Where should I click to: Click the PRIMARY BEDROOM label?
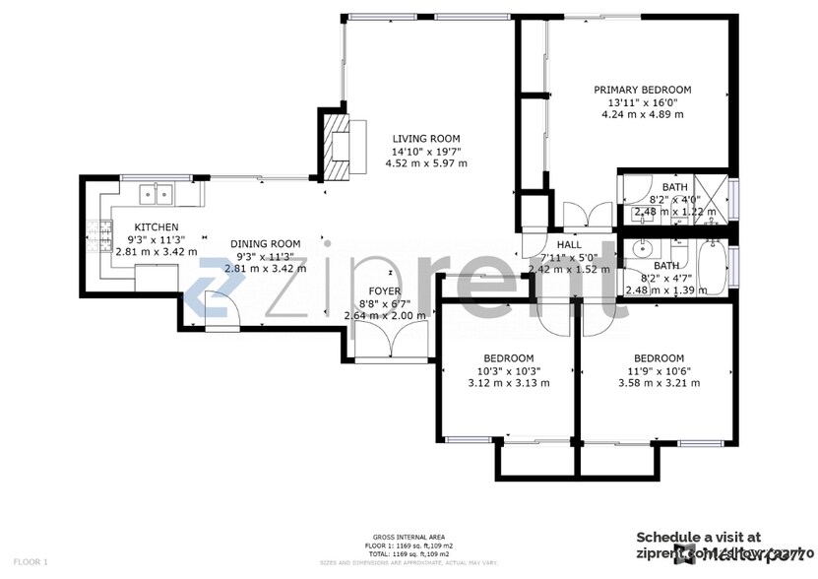[642, 90]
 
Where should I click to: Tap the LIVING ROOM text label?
[426, 139]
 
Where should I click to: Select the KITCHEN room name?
[156, 227]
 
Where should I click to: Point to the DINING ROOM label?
[265, 244]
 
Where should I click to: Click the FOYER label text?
[384, 291]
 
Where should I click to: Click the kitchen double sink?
[155, 194]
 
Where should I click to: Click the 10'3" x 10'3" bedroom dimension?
[508, 371]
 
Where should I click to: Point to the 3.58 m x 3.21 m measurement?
[659, 384]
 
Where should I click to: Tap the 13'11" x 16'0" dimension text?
[642, 101]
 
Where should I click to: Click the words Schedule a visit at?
[698, 538]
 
